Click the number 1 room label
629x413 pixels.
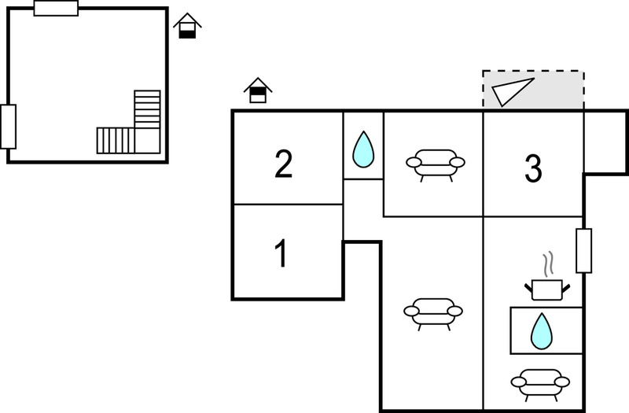(281, 253)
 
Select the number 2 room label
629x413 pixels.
(284, 164)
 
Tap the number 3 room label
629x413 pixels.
(534, 168)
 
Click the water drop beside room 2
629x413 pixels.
(363, 149)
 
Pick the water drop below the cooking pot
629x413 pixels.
(542, 331)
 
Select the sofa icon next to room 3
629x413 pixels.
(436, 165)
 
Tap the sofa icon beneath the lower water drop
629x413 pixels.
(540, 385)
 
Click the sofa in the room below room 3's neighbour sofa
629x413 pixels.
(433, 314)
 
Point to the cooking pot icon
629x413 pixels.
(547, 289)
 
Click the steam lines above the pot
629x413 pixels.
(548, 264)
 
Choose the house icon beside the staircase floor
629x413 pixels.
(187, 26)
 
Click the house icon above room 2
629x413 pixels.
(258, 90)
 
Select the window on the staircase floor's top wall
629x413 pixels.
(56, 9)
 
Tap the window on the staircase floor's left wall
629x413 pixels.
(8, 127)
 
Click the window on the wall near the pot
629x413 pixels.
(583, 251)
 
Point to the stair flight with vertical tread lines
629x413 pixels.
(116, 141)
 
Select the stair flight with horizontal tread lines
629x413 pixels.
(147, 109)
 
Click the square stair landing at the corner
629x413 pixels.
(148, 141)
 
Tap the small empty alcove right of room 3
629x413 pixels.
(605, 142)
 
